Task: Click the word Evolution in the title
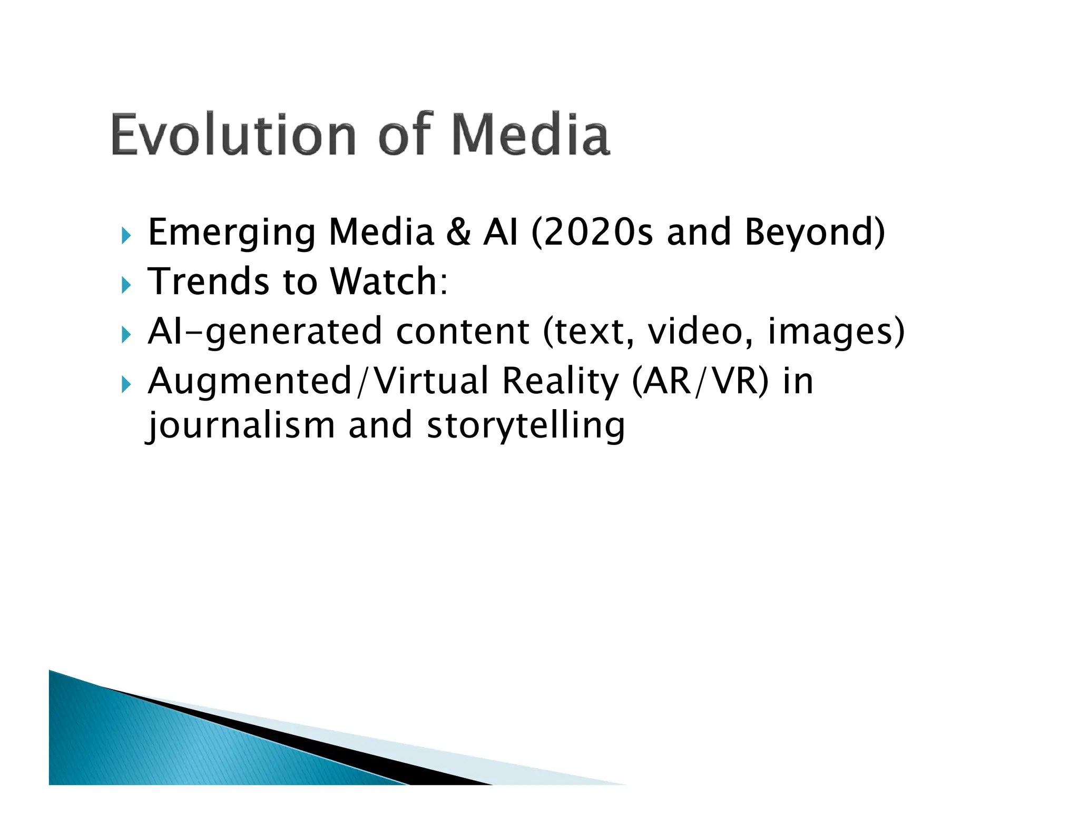click(x=233, y=135)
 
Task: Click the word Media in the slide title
click(x=531, y=135)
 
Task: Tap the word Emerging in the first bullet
click(x=232, y=232)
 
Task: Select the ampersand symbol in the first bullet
click(x=458, y=232)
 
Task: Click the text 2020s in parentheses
click(x=597, y=232)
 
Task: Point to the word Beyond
click(x=815, y=232)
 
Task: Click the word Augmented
click(x=249, y=381)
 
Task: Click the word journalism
click(x=240, y=425)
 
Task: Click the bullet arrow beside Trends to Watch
click(x=125, y=285)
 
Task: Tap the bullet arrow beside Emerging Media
click(x=125, y=236)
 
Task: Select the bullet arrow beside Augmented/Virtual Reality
click(x=125, y=385)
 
